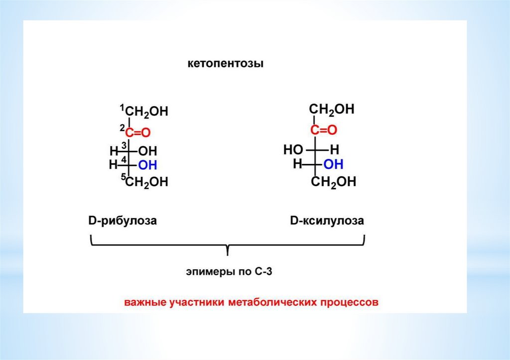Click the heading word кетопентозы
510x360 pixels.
[x=225, y=64]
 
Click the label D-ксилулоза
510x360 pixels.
[x=327, y=220]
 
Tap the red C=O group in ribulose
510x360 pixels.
[x=137, y=132]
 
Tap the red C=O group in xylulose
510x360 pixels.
[x=324, y=130]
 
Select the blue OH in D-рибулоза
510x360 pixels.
[x=147, y=165]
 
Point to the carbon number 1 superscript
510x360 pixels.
[x=122, y=107]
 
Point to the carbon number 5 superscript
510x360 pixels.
[x=123, y=177]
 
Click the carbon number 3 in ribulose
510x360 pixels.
[x=124, y=145]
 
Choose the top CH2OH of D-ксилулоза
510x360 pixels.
[x=332, y=110]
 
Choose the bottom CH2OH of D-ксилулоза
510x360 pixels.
[x=334, y=182]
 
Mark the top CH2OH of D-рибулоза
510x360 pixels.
[x=146, y=112]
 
